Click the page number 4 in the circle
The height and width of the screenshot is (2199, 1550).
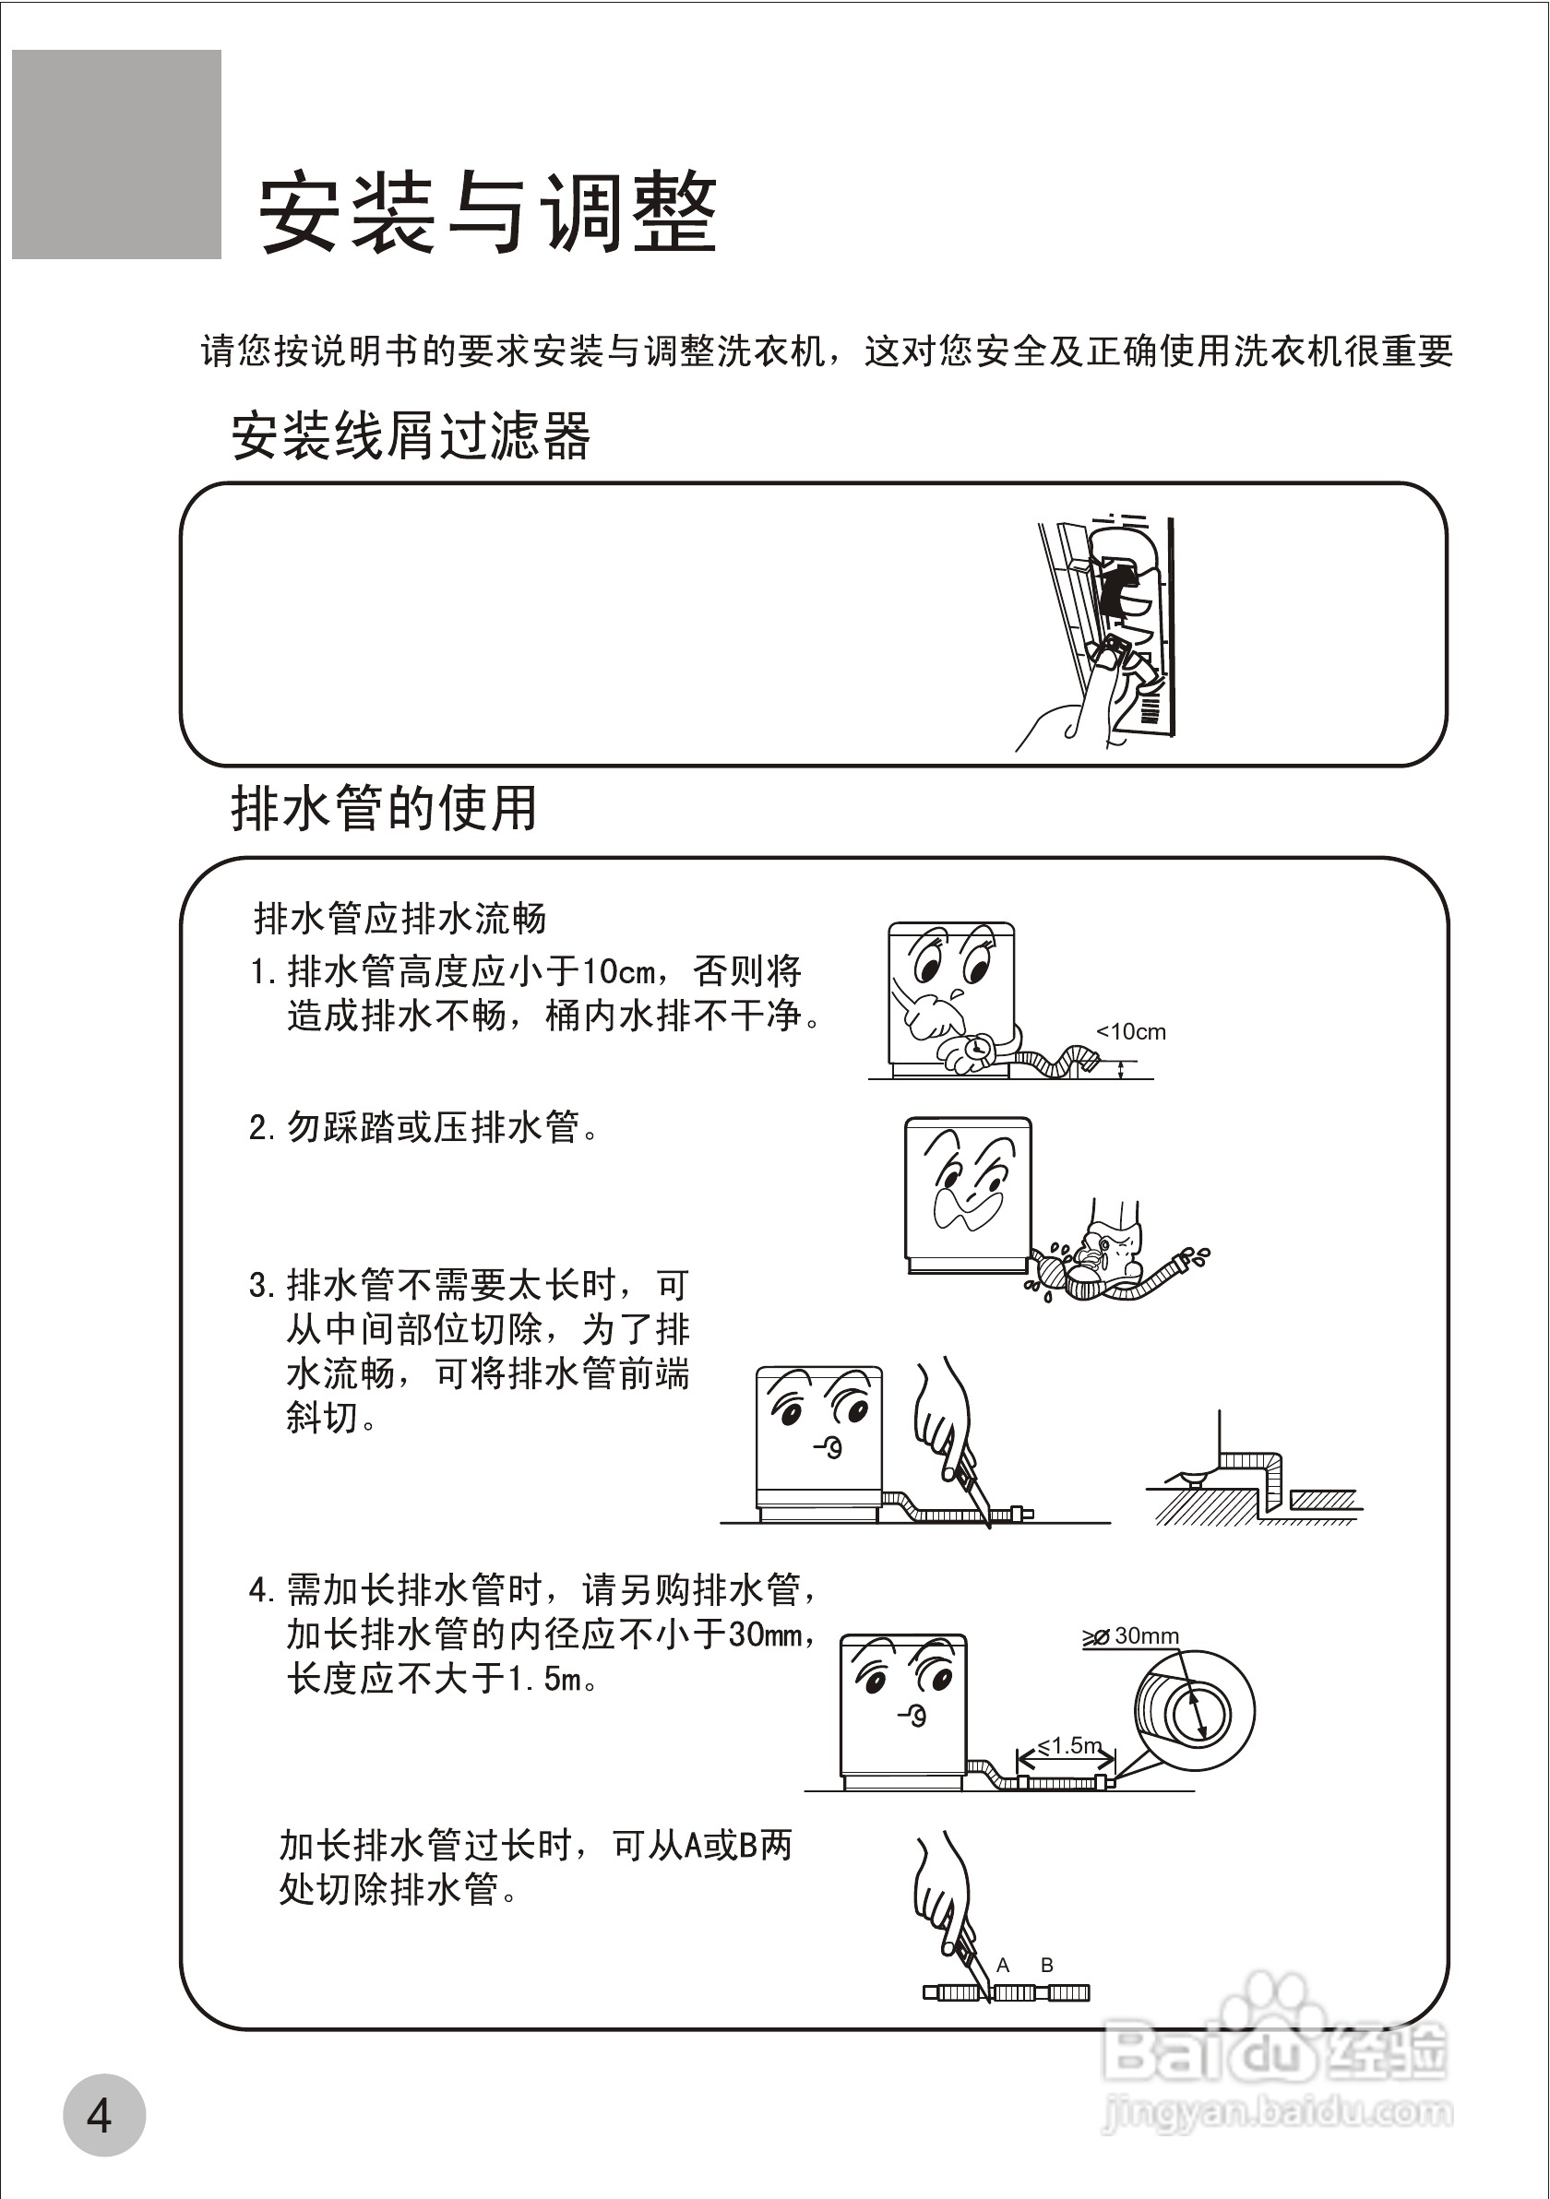(x=101, y=2115)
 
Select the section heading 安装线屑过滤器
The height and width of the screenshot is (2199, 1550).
(x=410, y=435)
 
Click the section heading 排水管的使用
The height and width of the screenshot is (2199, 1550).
(x=383, y=807)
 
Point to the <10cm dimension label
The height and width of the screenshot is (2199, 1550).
(x=1130, y=1031)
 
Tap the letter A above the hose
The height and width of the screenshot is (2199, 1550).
(x=1003, y=1966)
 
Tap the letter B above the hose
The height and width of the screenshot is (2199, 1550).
(x=1047, y=1966)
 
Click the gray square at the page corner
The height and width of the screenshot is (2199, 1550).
(x=116, y=154)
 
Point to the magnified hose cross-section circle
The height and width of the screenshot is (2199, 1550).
(x=1194, y=1710)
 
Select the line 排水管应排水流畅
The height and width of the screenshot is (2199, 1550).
(x=399, y=919)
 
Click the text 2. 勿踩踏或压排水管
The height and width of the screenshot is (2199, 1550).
(x=423, y=1127)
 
